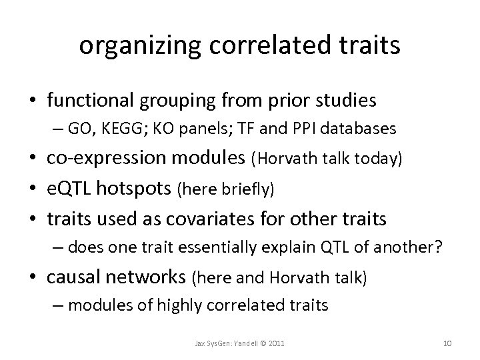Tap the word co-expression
tap(99, 159)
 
